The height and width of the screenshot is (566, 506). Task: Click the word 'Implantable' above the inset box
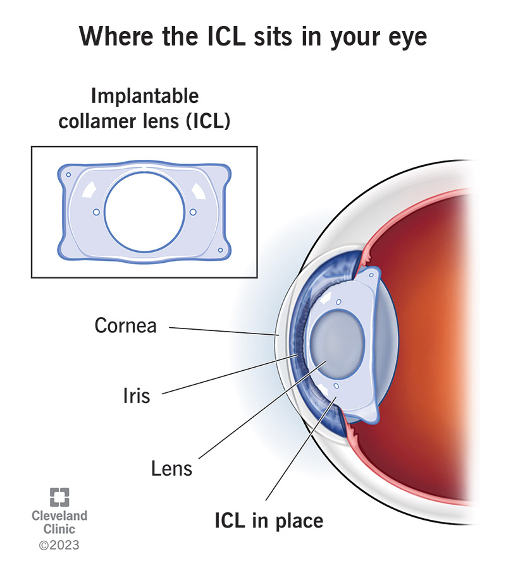tap(145, 96)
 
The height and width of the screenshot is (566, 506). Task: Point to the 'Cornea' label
tap(125, 326)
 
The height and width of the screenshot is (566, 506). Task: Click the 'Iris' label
tap(136, 396)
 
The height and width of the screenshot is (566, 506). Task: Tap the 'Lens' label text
tap(171, 469)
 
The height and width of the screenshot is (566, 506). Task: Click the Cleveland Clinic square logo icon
tap(59, 497)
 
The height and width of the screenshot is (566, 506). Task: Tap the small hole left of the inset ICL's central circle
tap(96, 212)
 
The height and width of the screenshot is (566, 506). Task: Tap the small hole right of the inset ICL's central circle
tap(193, 212)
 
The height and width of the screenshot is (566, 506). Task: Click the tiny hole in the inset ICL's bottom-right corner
tap(220, 251)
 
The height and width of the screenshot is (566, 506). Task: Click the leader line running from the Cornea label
tap(221, 330)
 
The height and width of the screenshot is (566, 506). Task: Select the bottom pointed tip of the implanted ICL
tap(374, 419)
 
